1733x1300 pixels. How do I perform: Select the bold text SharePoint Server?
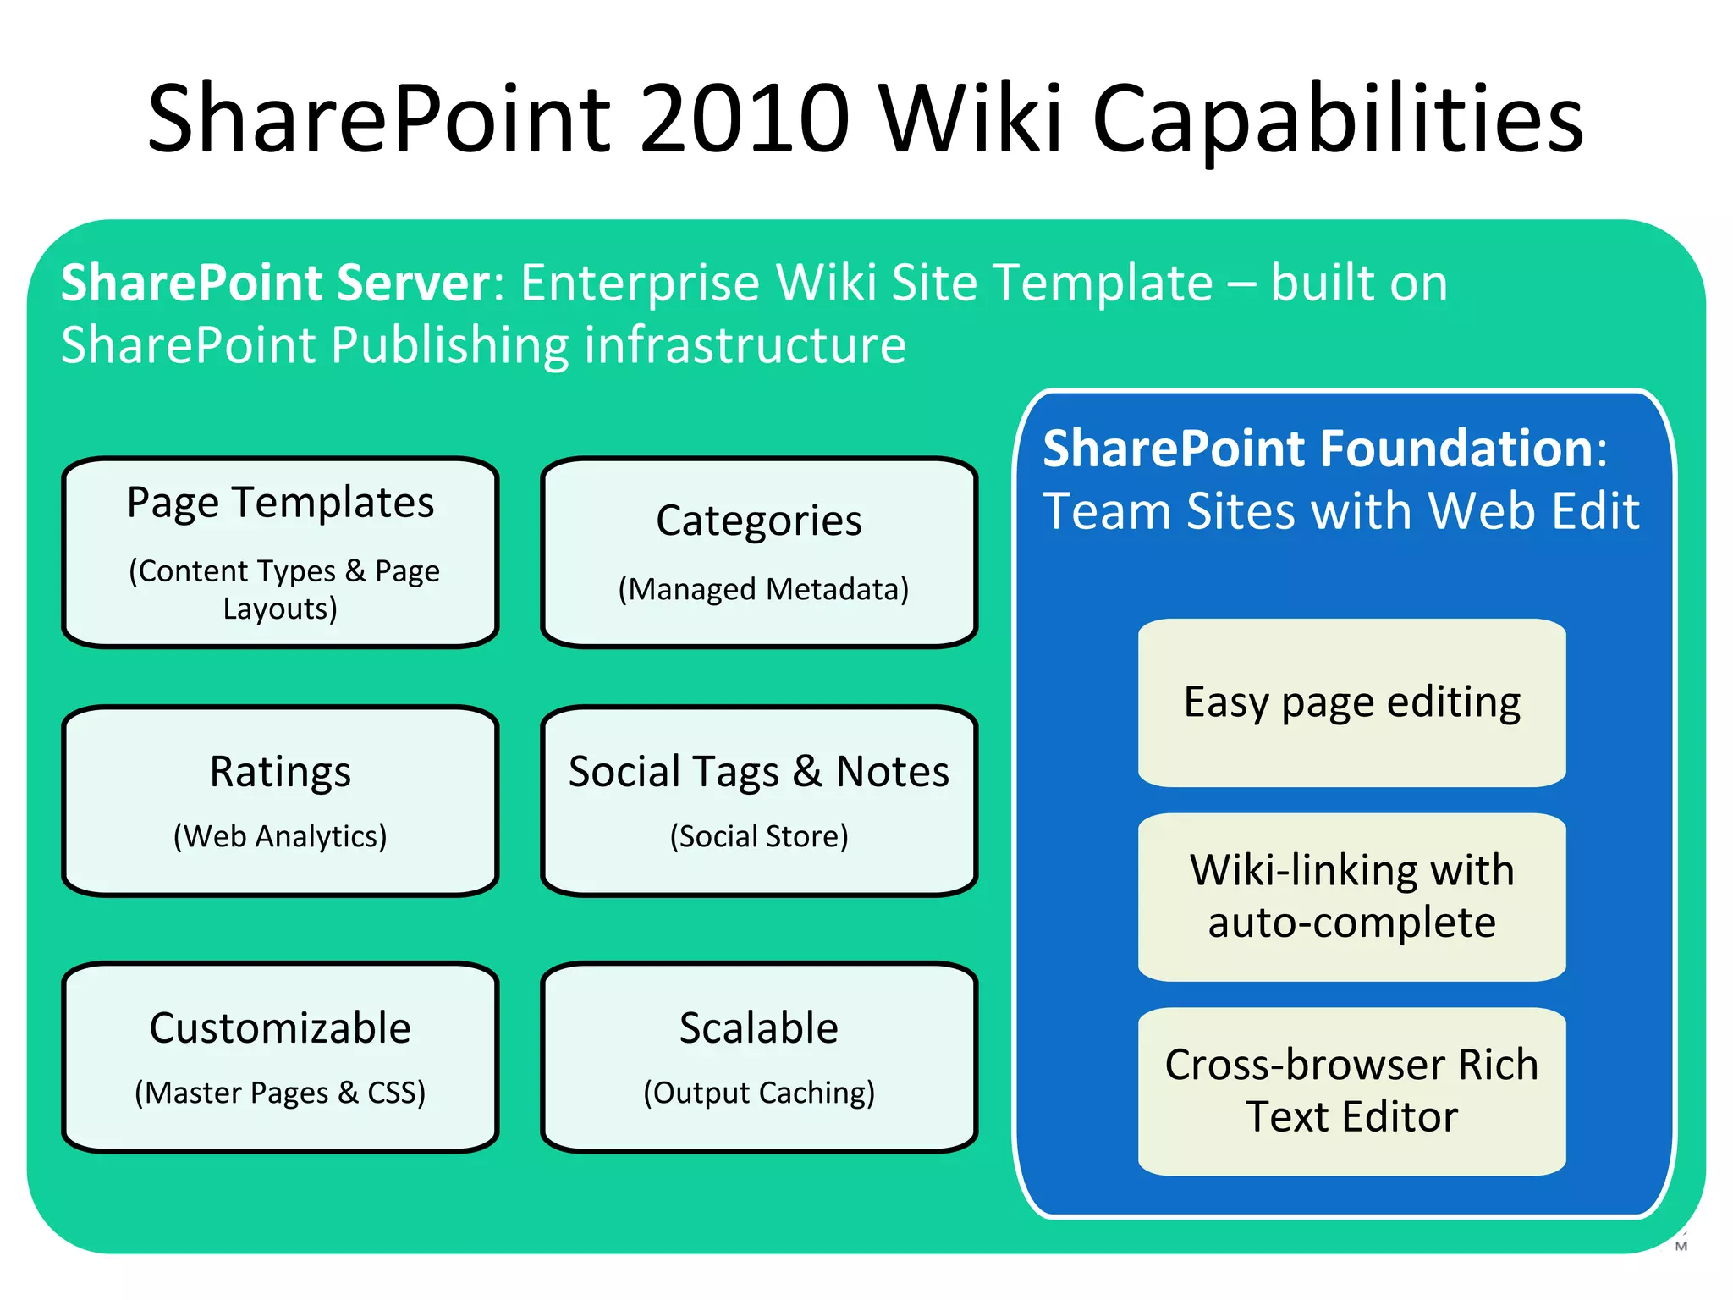click(x=276, y=283)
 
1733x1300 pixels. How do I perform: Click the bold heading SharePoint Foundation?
click(x=1318, y=449)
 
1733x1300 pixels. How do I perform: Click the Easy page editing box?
click(x=1351, y=702)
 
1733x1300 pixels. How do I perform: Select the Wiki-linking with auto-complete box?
click(x=1351, y=897)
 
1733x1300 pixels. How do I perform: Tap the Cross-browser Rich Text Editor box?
click(x=1351, y=1091)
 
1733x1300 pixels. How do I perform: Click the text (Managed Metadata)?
click(x=763, y=589)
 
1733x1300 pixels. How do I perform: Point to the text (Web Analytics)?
click(x=280, y=836)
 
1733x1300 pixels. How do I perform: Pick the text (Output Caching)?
click(x=759, y=1093)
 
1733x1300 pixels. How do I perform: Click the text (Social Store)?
click(x=759, y=836)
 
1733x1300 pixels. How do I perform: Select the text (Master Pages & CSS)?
click(x=280, y=1093)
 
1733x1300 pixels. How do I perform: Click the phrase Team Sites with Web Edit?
click(x=1341, y=511)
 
